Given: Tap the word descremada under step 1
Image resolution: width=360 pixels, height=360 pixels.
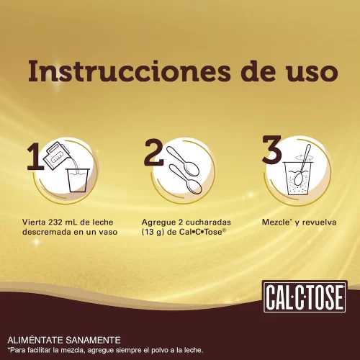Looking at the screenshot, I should (45, 233).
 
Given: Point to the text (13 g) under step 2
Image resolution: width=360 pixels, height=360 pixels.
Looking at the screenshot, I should (154, 233).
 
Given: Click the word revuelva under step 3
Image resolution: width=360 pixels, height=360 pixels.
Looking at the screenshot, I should (318, 222).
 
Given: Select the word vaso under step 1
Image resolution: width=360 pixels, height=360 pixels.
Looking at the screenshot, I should (104, 233).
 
